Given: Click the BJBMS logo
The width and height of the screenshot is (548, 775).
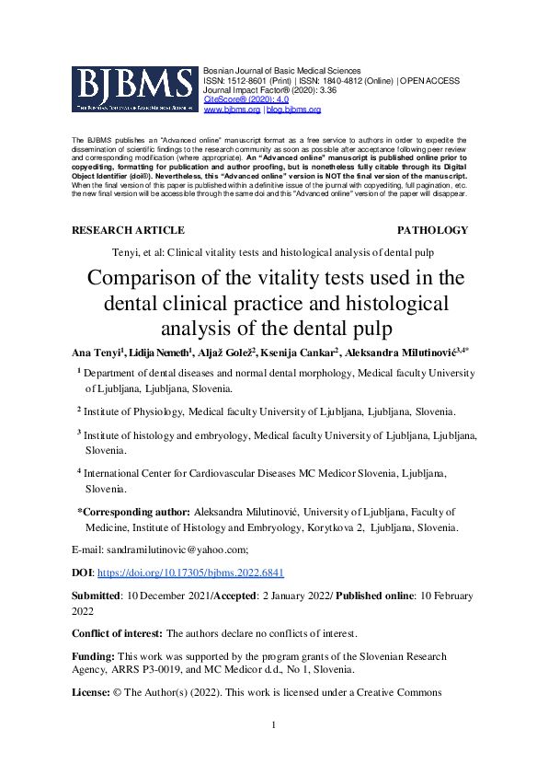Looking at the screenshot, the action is (134, 90).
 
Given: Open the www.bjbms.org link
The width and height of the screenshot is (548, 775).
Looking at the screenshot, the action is (232, 110).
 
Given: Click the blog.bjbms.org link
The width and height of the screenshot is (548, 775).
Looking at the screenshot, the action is (293, 110).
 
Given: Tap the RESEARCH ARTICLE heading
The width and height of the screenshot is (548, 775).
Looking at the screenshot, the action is (128, 230).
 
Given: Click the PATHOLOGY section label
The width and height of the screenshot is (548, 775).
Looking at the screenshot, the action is (432, 230).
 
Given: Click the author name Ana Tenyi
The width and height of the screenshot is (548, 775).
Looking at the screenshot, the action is (95, 353).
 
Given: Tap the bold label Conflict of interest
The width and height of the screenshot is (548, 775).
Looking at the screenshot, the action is (116, 634).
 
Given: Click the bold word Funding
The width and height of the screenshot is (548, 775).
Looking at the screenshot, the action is (92, 656).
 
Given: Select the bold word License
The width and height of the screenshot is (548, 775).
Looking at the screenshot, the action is (92, 692).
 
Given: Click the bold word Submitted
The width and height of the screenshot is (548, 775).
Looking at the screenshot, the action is (97, 595).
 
